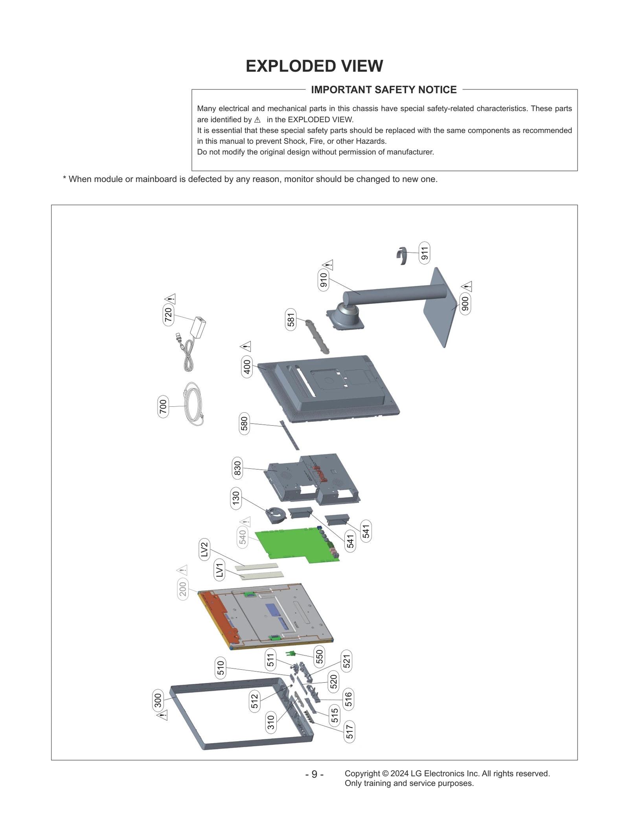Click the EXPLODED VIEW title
pyautogui.click(x=314, y=66)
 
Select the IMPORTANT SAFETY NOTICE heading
pyautogui.click(x=384, y=90)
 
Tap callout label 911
pyautogui.click(x=424, y=253)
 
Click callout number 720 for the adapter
pyautogui.click(x=168, y=314)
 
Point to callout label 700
pyautogui.click(x=163, y=406)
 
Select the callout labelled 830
pyautogui.click(x=237, y=468)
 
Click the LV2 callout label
pyautogui.click(x=204, y=549)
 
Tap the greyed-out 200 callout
pyautogui.click(x=183, y=589)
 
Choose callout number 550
pyautogui.click(x=319, y=656)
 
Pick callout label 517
pyautogui.click(x=349, y=731)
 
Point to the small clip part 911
pyautogui.click(x=402, y=255)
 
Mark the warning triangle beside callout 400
pyautogui.click(x=246, y=346)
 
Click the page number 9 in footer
pyautogui.click(x=314, y=774)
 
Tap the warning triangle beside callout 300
pyautogui.click(x=162, y=715)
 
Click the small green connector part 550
pyautogui.click(x=291, y=654)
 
